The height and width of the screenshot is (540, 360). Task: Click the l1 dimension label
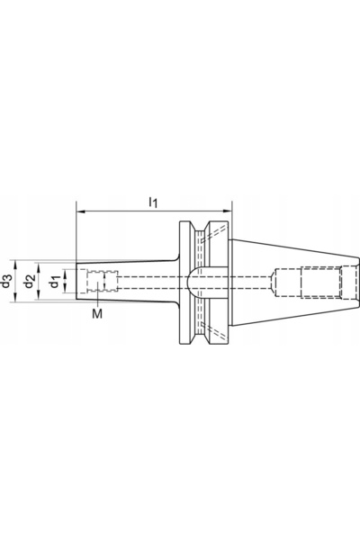(x=153, y=202)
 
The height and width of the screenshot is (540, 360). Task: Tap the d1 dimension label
(x=54, y=281)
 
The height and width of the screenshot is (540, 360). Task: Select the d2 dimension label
(x=29, y=281)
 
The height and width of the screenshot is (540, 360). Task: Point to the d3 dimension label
(x=6, y=281)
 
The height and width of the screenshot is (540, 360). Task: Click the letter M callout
(x=97, y=313)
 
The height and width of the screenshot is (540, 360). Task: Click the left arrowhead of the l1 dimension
(x=80, y=211)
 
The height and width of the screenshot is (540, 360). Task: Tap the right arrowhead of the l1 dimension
(x=228, y=211)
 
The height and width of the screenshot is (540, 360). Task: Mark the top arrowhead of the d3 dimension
(x=15, y=265)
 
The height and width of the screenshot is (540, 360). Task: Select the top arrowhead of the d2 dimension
(x=38, y=267)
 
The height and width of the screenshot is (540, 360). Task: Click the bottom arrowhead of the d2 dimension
(x=38, y=295)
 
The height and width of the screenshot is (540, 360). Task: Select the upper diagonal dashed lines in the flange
(x=215, y=234)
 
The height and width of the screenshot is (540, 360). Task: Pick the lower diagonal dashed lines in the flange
(x=215, y=330)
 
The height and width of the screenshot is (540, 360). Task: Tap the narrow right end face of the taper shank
(x=357, y=281)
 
